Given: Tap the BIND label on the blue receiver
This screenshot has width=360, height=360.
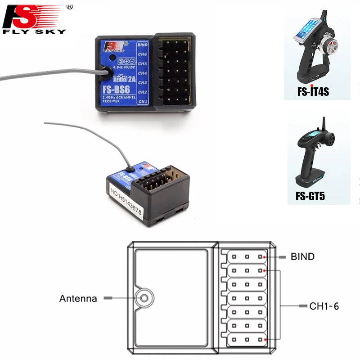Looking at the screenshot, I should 143,45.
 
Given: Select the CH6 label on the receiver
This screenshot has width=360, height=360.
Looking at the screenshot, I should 143,54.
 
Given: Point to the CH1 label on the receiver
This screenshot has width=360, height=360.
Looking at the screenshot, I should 143,102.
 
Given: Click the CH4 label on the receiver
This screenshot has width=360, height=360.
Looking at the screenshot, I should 143,73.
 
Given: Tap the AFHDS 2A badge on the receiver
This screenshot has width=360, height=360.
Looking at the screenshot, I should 117,76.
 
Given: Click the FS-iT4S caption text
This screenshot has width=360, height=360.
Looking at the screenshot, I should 313,92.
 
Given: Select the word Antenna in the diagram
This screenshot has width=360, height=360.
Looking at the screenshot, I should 78,298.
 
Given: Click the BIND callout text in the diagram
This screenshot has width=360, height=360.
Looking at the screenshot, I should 302,257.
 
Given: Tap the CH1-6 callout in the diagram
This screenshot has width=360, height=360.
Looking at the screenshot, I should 324,306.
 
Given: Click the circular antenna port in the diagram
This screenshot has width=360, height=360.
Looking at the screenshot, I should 143,297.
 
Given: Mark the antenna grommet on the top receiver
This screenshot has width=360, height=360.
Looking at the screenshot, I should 107,72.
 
